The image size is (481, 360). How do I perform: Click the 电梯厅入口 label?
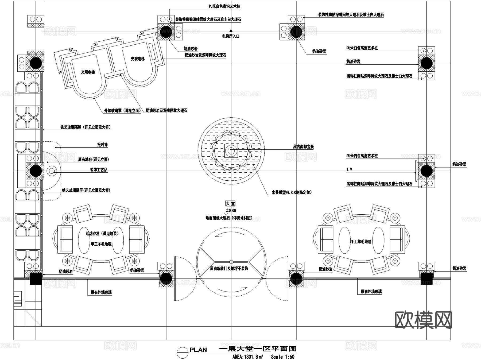pyautogui.click(x=231, y=36)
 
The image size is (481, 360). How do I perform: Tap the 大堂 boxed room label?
pyautogui.click(x=230, y=204)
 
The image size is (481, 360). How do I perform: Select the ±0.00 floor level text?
pyautogui.click(x=231, y=211)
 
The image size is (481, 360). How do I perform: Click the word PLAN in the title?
pyautogui.click(x=198, y=350)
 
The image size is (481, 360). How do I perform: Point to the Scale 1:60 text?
pyautogui.click(x=282, y=357)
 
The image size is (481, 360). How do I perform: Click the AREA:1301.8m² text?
pyautogui.click(x=247, y=357)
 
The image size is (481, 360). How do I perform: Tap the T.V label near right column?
pyautogui.click(x=349, y=169)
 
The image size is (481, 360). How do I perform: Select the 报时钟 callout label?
pyautogui.click(x=102, y=145)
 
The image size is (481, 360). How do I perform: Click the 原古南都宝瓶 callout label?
pyautogui.click(x=303, y=147)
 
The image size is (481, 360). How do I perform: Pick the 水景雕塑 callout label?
pyautogui.click(x=292, y=192)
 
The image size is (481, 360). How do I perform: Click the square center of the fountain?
pyautogui.click(x=231, y=151)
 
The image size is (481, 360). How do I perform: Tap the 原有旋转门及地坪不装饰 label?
pyautogui.click(x=229, y=268)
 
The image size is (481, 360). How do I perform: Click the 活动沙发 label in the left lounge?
pyautogui.click(x=102, y=233)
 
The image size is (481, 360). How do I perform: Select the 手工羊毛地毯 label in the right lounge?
pyautogui.click(x=361, y=241)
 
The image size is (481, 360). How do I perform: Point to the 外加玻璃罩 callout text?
pyautogui.click(x=122, y=110)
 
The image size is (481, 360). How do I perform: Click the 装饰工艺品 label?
pyautogui.click(x=99, y=169)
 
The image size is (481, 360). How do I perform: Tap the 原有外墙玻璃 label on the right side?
pyautogui.click(x=371, y=291)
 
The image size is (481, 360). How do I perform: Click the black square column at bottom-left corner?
pyautogui.click(x=36, y=278)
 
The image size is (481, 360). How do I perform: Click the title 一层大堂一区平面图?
pyautogui.click(x=258, y=349)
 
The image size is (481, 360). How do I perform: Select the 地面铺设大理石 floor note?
pyautogui.click(x=229, y=218)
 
